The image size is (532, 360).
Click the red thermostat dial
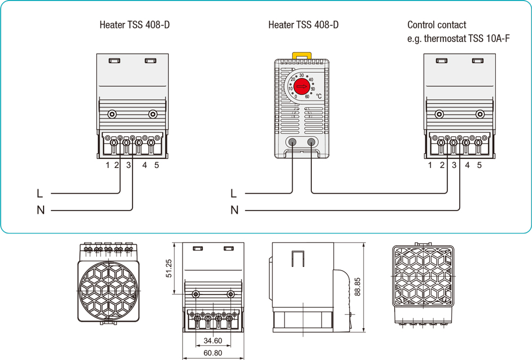[x=301, y=86]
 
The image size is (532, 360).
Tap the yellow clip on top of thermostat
[x=301, y=54]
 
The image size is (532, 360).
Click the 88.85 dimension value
[x=358, y=287]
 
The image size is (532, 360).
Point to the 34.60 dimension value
[x=212, y=341]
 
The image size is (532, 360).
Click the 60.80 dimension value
[x=212, y=353]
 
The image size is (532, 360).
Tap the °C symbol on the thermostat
[x=319, y=96]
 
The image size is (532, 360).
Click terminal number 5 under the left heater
[x=156, y=165]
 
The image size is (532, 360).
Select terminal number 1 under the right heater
[x=430, y=165]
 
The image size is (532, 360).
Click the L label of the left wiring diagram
[x=40, y=192]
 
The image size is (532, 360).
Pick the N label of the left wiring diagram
[x=40, y=210]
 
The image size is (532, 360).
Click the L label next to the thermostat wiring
[x=234, y=192]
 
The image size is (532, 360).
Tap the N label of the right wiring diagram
[x=234, y=210]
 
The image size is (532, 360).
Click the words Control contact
[x=436, y=25]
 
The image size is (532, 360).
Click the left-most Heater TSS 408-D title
[x=135, y=25]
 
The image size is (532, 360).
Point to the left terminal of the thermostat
[x=292, y=142]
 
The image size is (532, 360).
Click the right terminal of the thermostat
[x=311, y=142]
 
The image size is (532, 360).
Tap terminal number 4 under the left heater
[x=145, y=165]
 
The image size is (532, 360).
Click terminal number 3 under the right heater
[x=454, y=165]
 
